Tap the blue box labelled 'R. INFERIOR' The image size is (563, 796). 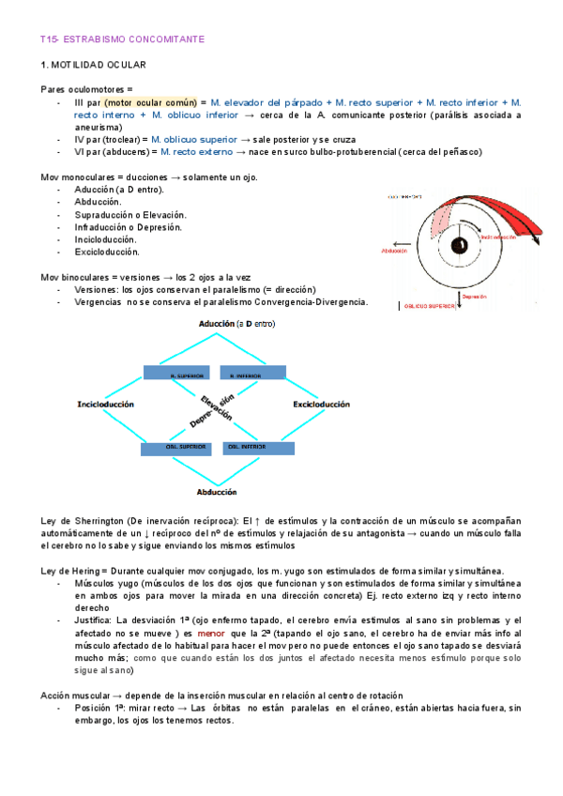[x=251, y=374]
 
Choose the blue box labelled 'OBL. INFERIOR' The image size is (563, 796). [x=251, y=449]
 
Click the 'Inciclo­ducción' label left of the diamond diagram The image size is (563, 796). [x=105, y=405]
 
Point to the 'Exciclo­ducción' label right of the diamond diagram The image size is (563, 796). [x=322, y=405]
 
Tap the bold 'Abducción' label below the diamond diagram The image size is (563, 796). [x=216, y=492]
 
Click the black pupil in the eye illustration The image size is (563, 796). [x=460, y=246]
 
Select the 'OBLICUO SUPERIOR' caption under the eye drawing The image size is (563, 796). [x=429, y=306]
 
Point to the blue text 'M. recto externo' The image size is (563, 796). [x=196, y=151]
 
